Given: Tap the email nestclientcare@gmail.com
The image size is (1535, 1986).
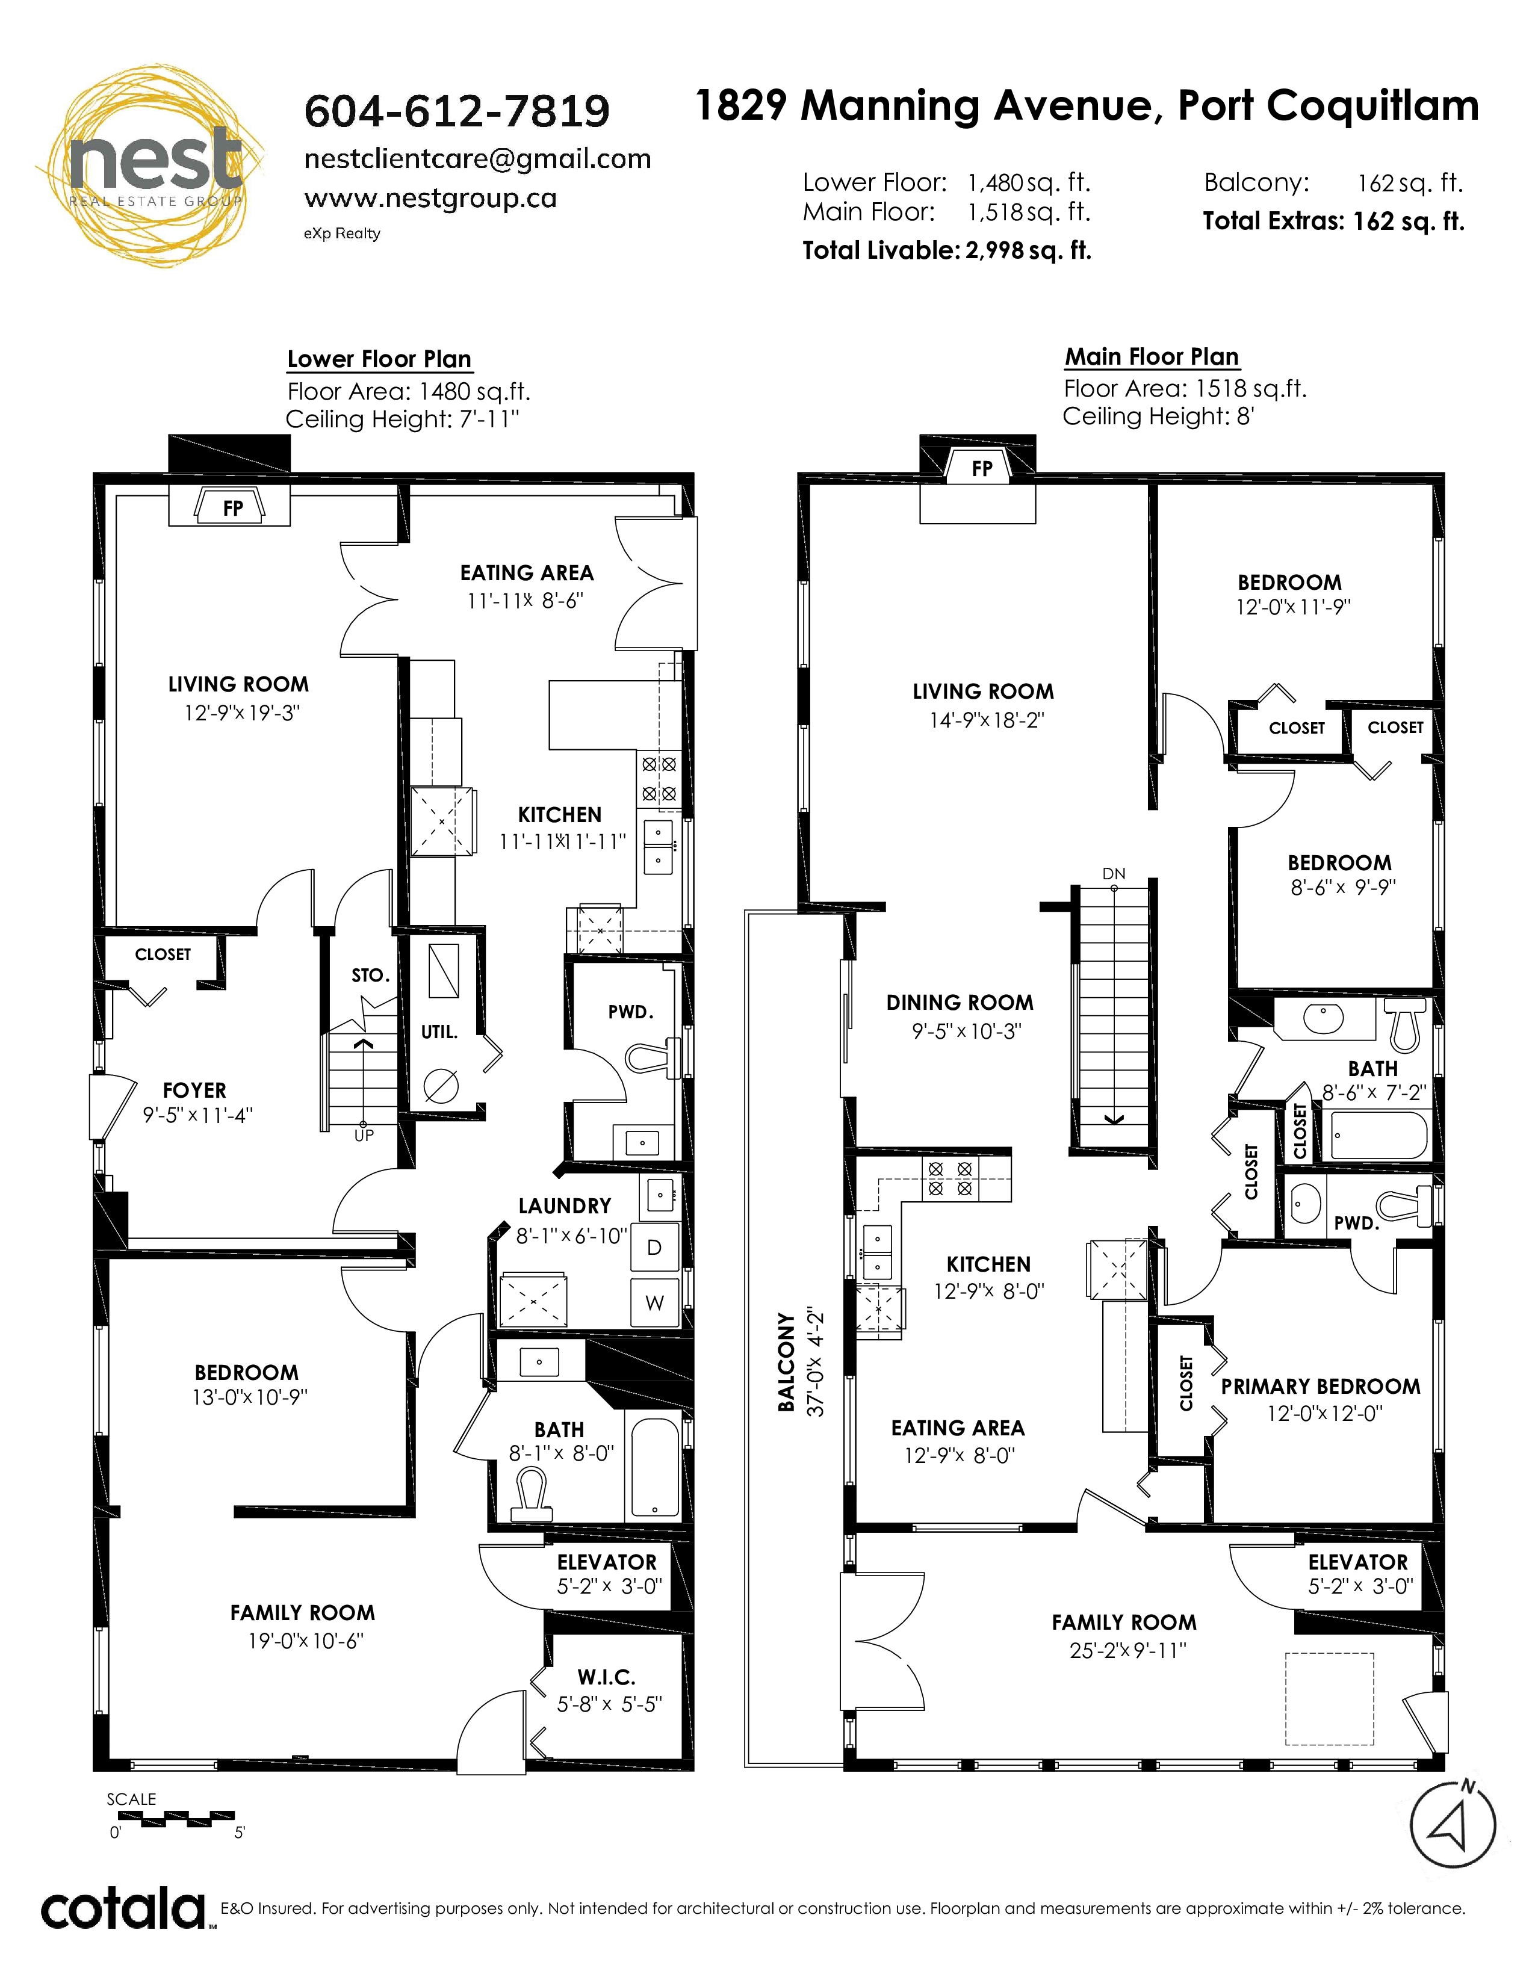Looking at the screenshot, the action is coord(477,159).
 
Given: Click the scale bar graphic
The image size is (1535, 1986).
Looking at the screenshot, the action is coord(188,1817).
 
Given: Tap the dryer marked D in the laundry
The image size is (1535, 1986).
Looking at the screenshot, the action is coord(654,1248).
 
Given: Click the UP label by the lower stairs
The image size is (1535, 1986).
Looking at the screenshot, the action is coord(364,1135).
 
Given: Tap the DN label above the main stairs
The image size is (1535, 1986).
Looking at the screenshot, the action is coord(1114,874).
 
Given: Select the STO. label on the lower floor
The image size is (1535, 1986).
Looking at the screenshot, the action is coord(371,976).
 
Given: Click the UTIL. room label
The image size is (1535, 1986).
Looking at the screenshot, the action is coord(439,1032).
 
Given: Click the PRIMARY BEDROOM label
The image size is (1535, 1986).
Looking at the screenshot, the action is coord(1320,1387).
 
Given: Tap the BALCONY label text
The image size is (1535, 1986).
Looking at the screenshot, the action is coord(786,1362).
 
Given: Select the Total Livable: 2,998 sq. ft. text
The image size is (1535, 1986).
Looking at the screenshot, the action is coord(947,250).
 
